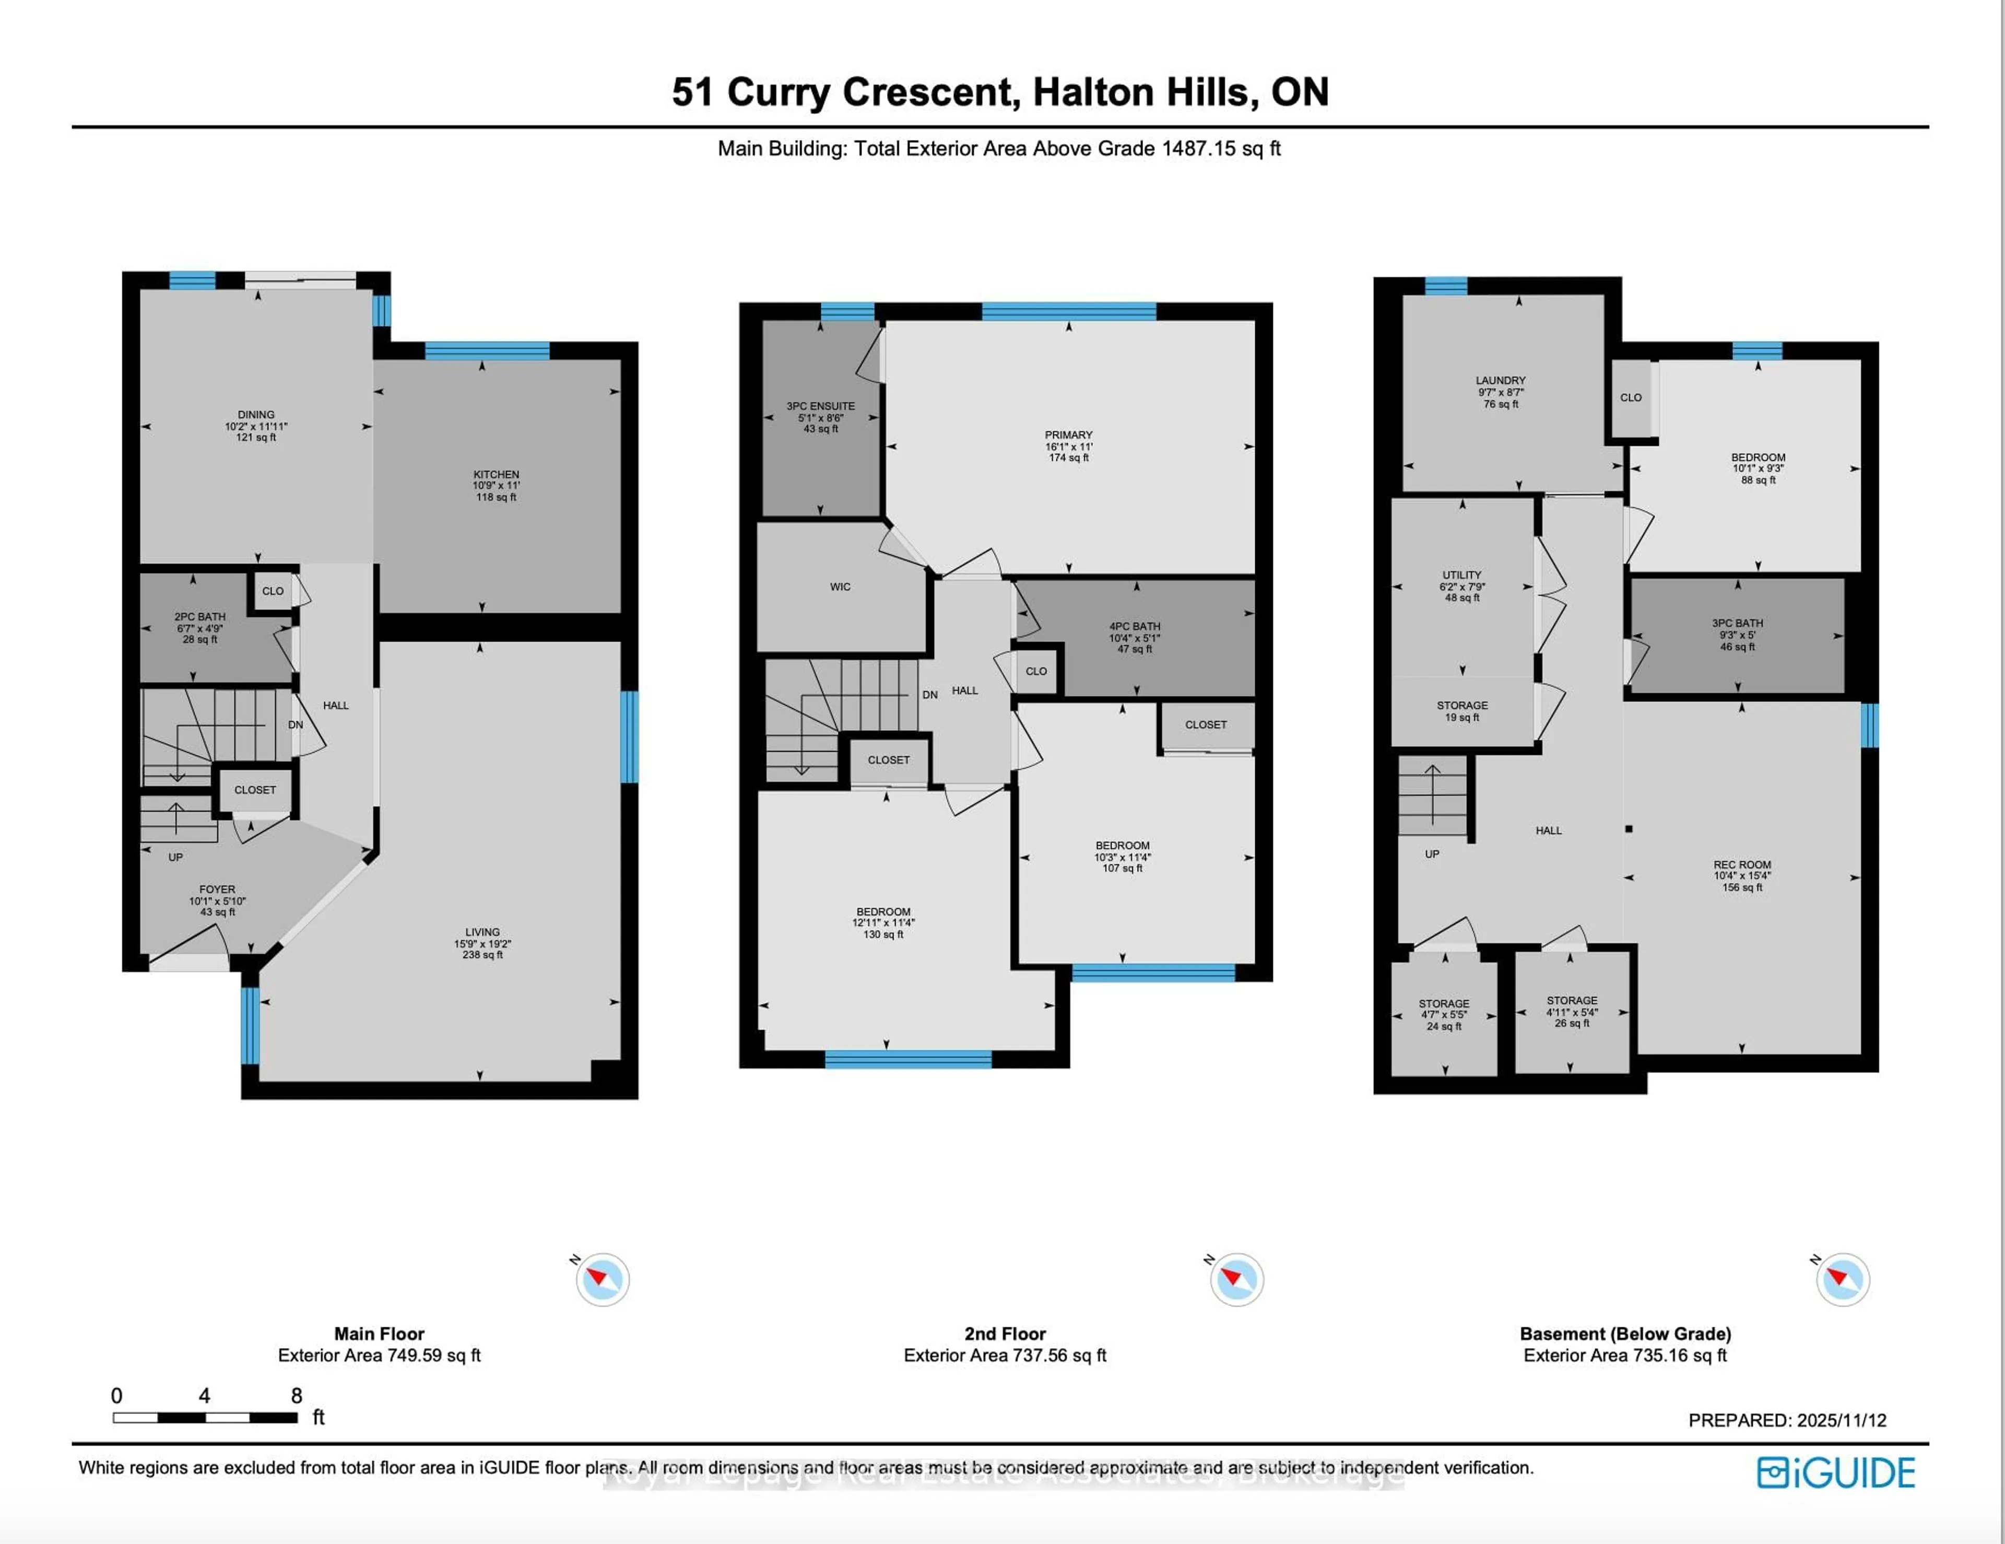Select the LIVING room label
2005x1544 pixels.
[x=482, y=931]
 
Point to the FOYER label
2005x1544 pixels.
[x=218, y=889]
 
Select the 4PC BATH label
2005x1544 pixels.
[x=1135, y=626]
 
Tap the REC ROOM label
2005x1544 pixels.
[x=1741, y=864]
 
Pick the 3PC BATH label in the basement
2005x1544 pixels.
[x=1737, y=623]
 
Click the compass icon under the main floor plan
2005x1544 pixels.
[x=602, y=1279]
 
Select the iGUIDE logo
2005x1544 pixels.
[x=1835, y=1472]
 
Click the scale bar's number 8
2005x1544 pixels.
[x=297, y=1395]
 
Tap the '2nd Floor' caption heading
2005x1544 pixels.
[x=1005, y=1334]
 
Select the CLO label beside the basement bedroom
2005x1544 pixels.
[x=1631, y=397]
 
